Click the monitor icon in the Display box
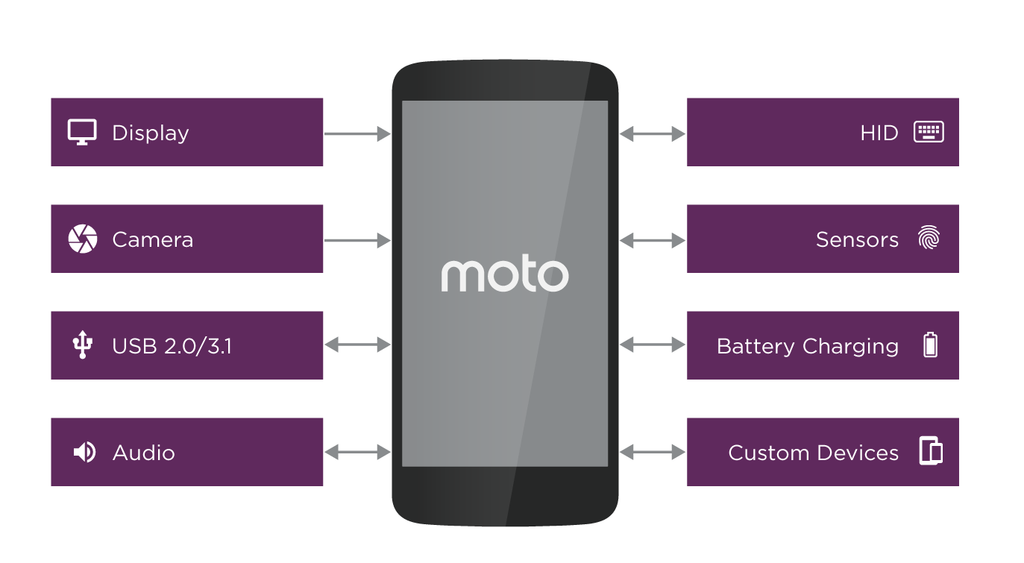pyautogui.click(x=82, y=132)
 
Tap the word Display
pyautogui.click(x=151, y=133)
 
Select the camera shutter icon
pyautogui.click(x=82, y=239)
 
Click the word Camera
pyautogui.click(x=152, y=239)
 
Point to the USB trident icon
pyautogui.click(x=82, y=345)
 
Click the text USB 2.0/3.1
pyautogui.click(x=172, y=346)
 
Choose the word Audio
pyautogui.click(x=144, y=453)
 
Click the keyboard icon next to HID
pyautogui.click(x=929, y=132)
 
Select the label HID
pyautogui.click(x=879, y=133)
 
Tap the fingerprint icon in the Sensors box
pyautogui.click(x=929, y=239)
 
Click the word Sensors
pyautogui.click(x=857, y=239)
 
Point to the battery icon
pyautogui.click(x=930, y=345)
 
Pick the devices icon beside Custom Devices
pyautogui.click(x=930, y=452)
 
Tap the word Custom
pyautogui.click(x=763, y=453)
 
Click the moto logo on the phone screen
pyautogui.click(x=504, y=276)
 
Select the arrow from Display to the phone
pyautogui.click(x=357, y=134)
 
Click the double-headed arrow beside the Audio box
pyautogui.click(x=357, y=452)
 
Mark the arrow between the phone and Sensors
pyautogui.click(x=653, y=240)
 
